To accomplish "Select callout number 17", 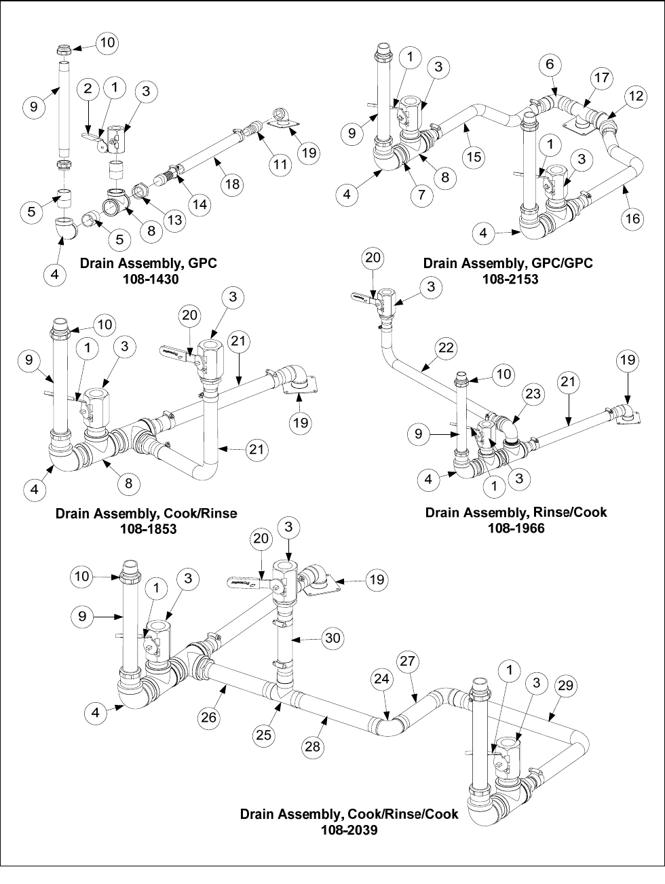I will click(x=602, y=77).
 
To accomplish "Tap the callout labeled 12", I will click(x=636, y=96).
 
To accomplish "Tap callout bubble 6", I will click(x=550, y=64).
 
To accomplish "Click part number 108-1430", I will click(x=148, y=278).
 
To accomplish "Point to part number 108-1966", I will click(x=516, y=527).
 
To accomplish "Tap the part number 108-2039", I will click(x=349, y=829).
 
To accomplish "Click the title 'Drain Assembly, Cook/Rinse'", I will click(x=146, y=513).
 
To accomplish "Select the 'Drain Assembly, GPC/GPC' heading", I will click(x=508, y=263).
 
